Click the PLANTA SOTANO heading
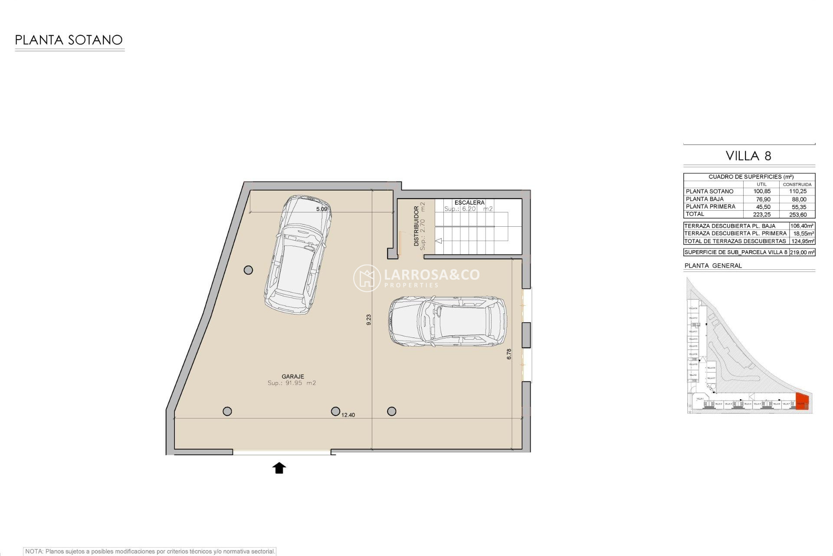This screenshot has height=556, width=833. click(69, 40)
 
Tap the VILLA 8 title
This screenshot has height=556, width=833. click(748, 156)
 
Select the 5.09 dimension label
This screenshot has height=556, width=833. click(321, 209)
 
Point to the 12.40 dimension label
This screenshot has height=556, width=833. click(348, 415)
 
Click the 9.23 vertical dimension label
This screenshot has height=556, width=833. click(369, 320)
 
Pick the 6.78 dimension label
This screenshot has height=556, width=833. click(509, 354)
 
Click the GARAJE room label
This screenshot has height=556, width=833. click(292, 377)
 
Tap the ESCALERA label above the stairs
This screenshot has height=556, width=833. click(469, 202)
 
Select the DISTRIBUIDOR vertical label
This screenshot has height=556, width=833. click(416, 226)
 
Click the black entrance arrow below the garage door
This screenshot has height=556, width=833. click(279, 468)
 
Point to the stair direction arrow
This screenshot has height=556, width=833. click(438, 241)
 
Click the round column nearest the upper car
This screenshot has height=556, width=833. click(248, 270)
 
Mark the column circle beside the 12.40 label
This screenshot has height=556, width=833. click(335, 411)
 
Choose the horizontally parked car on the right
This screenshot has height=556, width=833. click(447, 321)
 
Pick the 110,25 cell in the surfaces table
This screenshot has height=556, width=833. click(798, 191)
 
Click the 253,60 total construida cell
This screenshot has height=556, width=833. click(798, 214)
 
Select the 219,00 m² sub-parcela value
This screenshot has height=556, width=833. click(802, 252)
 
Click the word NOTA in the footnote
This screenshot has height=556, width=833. click(34, 551)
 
